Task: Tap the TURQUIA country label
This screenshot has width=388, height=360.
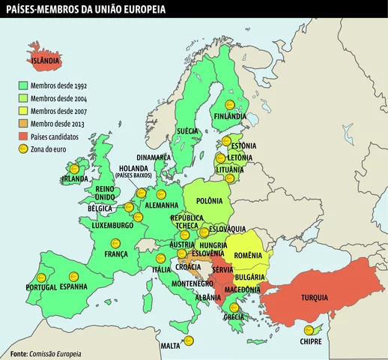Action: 315,298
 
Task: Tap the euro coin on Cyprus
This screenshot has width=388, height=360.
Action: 307,330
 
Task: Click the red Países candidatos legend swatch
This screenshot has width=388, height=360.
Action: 22,136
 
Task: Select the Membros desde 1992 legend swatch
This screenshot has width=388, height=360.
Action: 22,85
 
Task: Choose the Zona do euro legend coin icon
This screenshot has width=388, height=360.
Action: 22,149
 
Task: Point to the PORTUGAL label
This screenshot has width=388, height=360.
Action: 41,287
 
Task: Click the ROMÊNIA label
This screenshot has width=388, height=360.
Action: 248,255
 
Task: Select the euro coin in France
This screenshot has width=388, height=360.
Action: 115,242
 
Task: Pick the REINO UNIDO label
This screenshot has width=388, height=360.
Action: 105,193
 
